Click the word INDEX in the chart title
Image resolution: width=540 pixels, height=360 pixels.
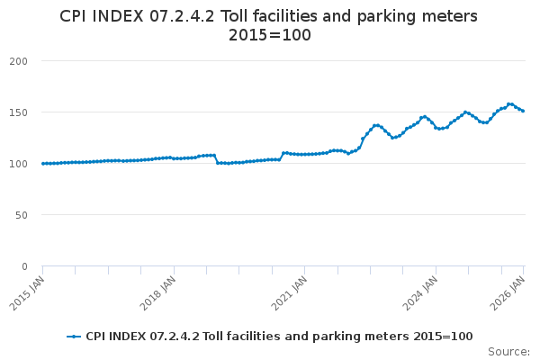tap(122, 16)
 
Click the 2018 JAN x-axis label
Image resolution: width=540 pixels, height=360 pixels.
tap(161, 292)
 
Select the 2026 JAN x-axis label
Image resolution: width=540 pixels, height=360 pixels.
tap(511, 292)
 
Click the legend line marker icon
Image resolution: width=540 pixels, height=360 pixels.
tap(75, 337)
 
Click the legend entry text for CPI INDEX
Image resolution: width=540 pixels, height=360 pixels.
tap(279, 337)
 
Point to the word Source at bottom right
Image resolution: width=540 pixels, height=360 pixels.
tap(508, 351)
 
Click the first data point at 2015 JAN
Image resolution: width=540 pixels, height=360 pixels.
tap(42, 164)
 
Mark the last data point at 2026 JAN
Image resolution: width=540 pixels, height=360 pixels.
tap(523, 111)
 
